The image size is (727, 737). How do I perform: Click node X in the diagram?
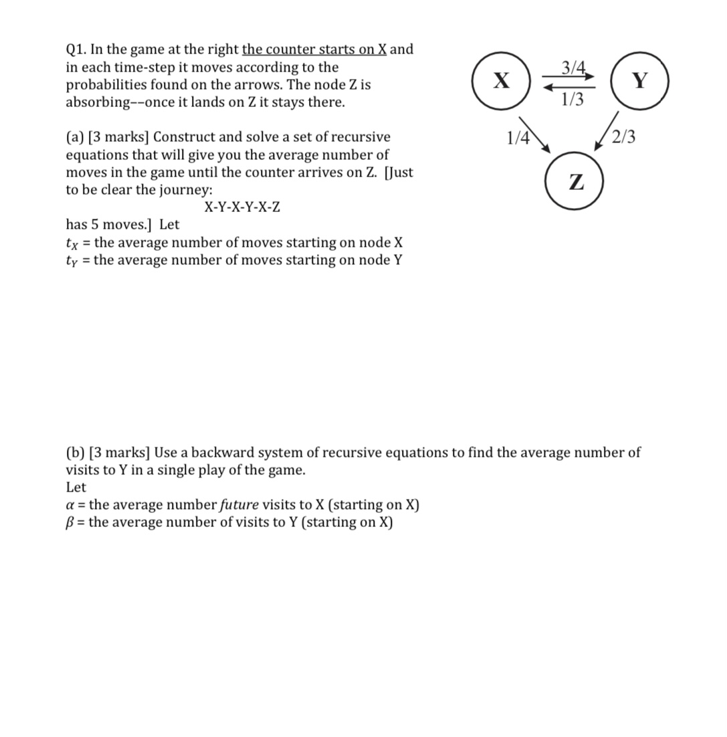[501, 81]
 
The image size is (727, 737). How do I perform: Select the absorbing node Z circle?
[575, 181]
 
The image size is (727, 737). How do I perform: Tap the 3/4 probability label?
[574, 68]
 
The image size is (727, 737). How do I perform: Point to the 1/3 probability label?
[572, 100]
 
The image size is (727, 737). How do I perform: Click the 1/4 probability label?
[518, 138]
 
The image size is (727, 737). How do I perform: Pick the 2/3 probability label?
[624, 138]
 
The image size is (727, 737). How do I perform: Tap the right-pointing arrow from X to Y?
[568, 77]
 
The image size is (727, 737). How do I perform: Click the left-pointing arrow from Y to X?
[568, 87]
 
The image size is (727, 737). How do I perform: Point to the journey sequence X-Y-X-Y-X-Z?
[242, 207]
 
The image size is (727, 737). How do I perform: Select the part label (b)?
[76, 453]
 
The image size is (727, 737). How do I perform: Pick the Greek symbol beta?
[70, 522]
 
